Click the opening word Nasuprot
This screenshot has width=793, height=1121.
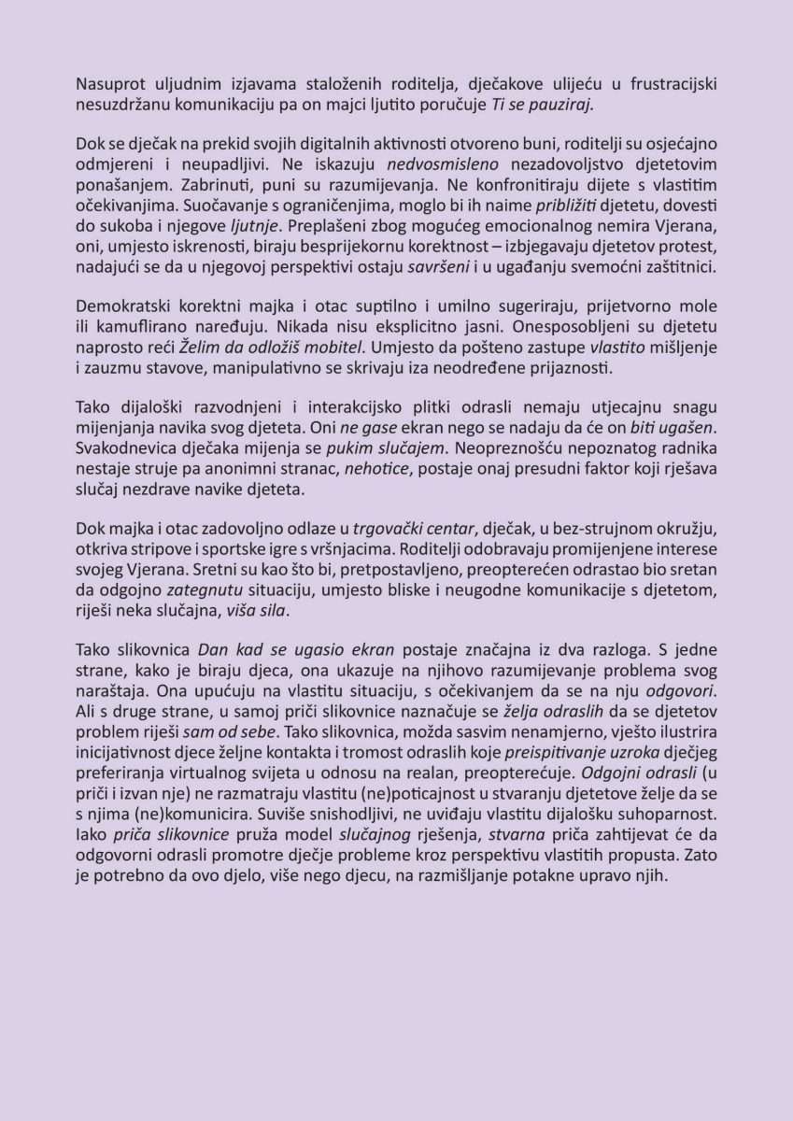107,85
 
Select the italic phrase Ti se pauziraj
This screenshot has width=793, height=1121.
542,104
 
